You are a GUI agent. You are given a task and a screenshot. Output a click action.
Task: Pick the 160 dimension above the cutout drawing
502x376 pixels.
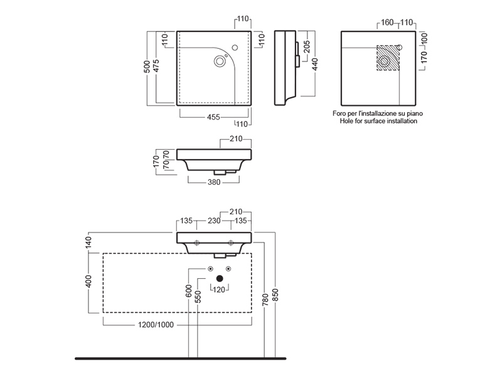pos(387,23)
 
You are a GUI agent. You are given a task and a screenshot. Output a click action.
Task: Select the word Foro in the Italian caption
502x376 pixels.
pos(340,113)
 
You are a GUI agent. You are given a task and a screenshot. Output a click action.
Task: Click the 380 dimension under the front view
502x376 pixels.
pos(213,184)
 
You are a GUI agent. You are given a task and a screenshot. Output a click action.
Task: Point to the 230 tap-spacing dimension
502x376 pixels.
pos(214,221)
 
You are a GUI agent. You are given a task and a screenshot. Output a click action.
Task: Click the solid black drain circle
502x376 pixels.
pos(220,278)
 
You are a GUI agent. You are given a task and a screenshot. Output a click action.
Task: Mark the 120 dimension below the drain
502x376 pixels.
pos(220,290)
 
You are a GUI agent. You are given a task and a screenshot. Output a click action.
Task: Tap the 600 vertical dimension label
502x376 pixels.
pos(188,292)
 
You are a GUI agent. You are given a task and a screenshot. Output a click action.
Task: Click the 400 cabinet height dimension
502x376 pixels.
pos(89,282)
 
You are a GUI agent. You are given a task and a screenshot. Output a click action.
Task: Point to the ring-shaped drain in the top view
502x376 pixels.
pos(220,61)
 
